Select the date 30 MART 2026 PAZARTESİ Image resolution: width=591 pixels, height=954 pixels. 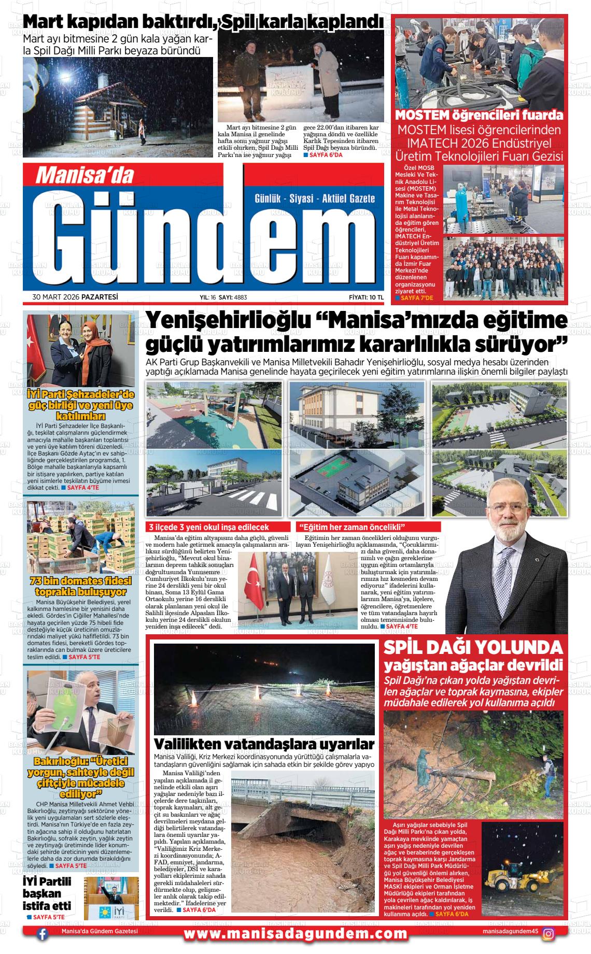point(75,297)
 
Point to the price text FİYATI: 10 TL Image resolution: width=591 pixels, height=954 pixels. point(366,297)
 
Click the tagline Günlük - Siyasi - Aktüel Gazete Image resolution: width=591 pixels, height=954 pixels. point(315,198)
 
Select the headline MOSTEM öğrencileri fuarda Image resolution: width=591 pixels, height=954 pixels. point(479,115)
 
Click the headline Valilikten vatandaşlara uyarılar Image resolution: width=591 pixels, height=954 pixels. point(264,744)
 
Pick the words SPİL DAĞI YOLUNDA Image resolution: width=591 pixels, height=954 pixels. point(473,647)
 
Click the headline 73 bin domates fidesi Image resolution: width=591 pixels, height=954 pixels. point(80,586)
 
